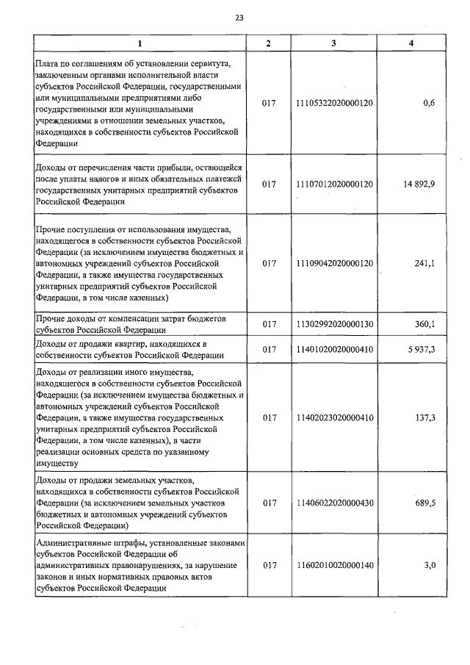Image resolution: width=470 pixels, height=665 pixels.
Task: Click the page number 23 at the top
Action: click(239, 18)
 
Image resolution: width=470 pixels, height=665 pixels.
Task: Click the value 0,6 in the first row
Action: click(430, 103)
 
